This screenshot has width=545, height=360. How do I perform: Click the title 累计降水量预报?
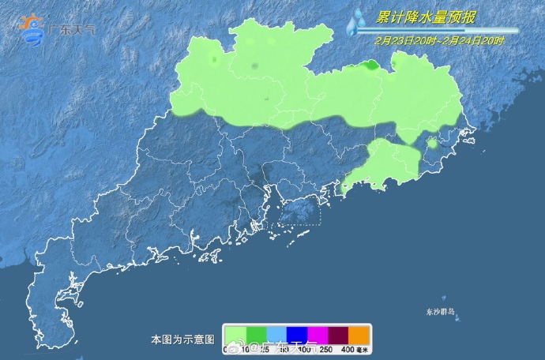click(427, 17)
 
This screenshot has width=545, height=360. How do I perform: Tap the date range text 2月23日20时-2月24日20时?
click(441, 39)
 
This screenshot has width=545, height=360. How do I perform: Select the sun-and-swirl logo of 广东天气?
click(32, 28)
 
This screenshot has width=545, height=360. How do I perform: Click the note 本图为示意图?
click(182, 339)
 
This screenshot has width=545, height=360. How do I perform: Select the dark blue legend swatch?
click(296, 334)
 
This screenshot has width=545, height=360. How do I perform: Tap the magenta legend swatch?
click(317, 334)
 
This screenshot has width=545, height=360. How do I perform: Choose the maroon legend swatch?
click(337, 334)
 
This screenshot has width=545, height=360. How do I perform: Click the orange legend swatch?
click(359, 334)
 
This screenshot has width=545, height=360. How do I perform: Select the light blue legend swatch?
click(276, 334)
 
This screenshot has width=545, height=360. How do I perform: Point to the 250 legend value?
click(327, 350)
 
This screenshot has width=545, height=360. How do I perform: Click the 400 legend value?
click(348, 350)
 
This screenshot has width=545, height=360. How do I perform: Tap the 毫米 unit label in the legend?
click(364, 350)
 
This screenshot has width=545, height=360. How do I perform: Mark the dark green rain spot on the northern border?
click(369, 66)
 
